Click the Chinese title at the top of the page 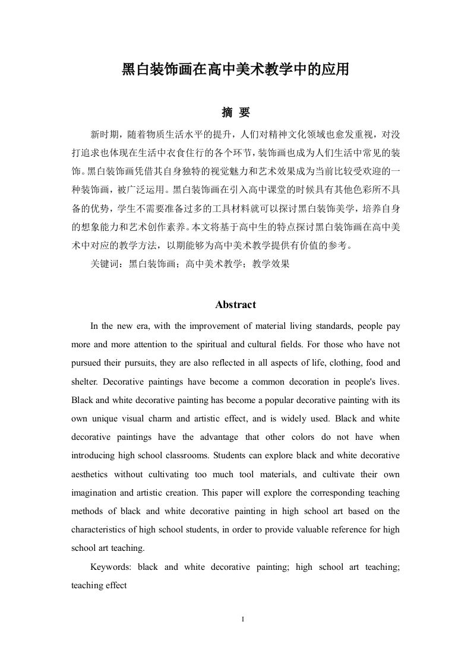[x=235, y=69]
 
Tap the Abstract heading [x=235, y=305]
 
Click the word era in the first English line [x=147, y=326]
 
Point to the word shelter [x=85, y=381]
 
